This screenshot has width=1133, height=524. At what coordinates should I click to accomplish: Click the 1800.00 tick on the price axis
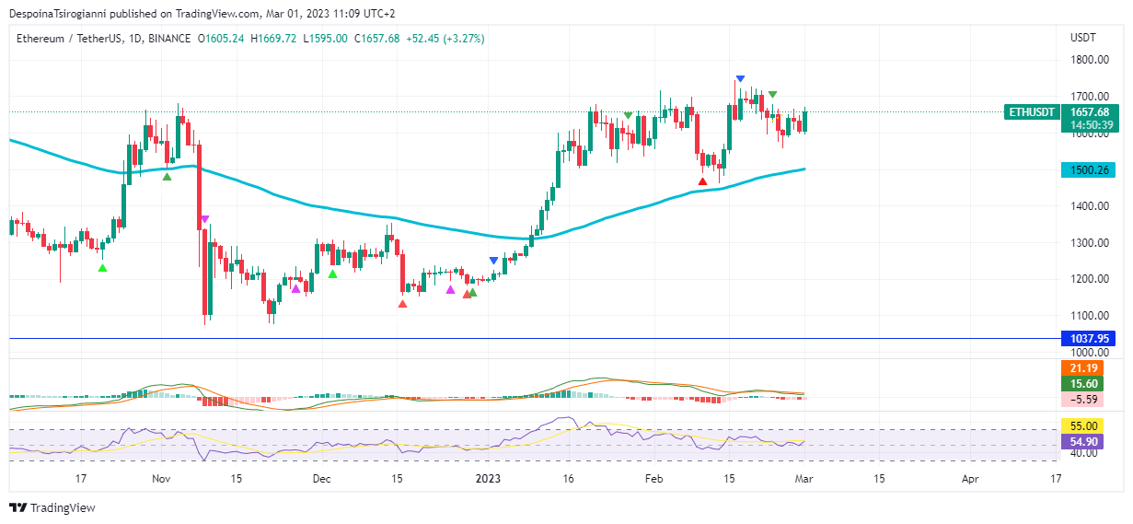tap(1089, 60)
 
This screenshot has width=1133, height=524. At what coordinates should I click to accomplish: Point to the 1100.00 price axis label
tap(1089, 316)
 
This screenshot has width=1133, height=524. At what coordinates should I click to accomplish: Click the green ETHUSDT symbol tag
tap(1032, 112)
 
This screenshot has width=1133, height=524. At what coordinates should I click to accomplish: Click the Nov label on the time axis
tap(161, 479)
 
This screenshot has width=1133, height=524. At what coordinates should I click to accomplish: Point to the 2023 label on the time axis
tap(489, 479)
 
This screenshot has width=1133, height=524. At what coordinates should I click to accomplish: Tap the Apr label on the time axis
tap(970, 479)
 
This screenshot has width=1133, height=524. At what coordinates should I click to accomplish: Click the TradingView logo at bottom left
tap(52, 507)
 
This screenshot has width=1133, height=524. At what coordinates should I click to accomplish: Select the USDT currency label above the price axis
tap(1082, 38)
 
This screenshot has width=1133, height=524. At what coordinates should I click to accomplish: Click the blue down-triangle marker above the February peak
tap(740, 79)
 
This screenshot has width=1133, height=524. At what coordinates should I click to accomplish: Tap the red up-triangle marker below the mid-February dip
tap(703, 180)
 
